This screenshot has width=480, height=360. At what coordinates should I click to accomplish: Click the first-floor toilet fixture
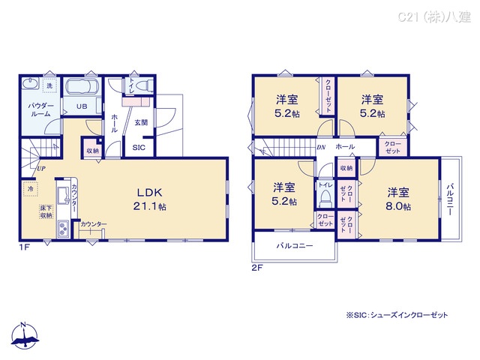point(144,86)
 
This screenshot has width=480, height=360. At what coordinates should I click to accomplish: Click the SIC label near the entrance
point(139,148)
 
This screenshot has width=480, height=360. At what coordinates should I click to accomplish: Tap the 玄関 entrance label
point(141,121)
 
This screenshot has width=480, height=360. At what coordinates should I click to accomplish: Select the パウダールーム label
point(40,112)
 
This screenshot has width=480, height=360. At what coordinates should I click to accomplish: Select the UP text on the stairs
point(38,169)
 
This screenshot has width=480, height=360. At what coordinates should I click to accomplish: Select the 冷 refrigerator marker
point(31,189)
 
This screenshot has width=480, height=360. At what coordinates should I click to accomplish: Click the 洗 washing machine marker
point(49,86)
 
